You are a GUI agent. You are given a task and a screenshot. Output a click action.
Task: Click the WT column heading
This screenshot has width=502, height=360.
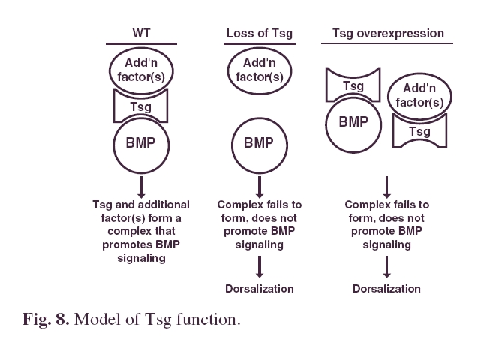pos(141,33)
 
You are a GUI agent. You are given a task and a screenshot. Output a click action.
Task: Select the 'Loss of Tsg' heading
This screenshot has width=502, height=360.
pos(260,34)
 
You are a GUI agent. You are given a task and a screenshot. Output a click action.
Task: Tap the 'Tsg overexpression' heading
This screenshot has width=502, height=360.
pos(388,34)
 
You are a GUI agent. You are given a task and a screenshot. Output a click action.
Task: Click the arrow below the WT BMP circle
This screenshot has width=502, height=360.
pos(141,187)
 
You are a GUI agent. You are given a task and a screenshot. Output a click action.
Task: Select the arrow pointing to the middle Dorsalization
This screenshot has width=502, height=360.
pos(260,266)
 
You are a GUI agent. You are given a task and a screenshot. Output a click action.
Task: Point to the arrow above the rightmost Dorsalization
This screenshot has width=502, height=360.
pos(386,266)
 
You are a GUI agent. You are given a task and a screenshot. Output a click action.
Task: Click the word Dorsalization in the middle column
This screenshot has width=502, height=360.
pos(260,289)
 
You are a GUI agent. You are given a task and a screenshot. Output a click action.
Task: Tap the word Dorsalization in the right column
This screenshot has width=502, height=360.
pos(386,289)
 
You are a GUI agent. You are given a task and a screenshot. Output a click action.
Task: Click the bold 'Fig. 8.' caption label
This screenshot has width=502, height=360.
pos(46,319)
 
